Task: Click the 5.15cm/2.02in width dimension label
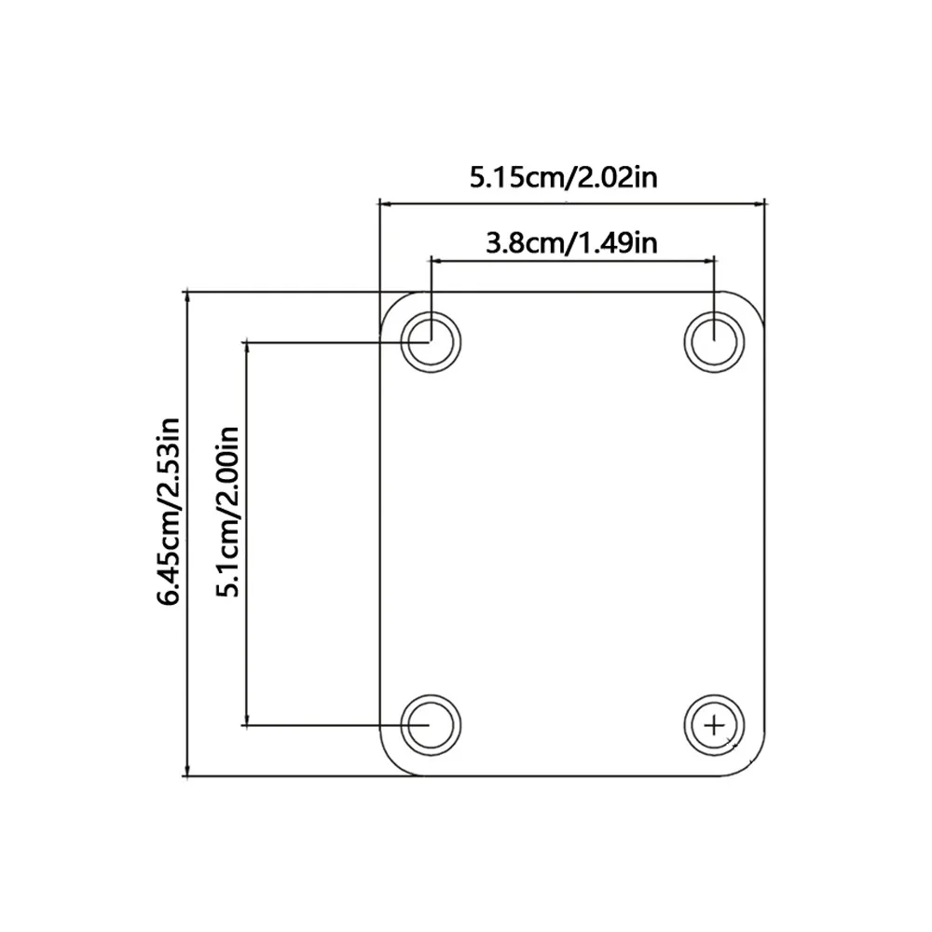click(x=564, y=178)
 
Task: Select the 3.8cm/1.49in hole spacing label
click(x=572, y=243)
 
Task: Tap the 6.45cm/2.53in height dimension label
click(x=168, y=512)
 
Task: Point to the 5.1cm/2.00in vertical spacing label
click(x=228, y=512)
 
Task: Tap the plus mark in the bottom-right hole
click(x=715, y=725)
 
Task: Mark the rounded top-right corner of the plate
click(x=752, y=304)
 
